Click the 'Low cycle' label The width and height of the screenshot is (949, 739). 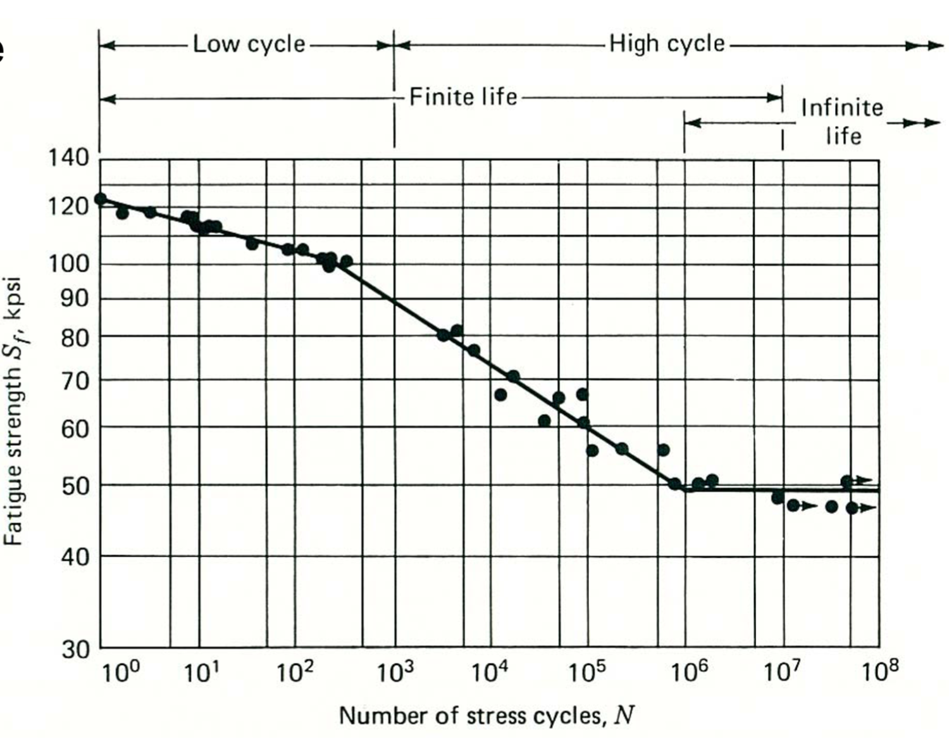[x=249, y=44]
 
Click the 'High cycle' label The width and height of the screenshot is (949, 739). [x=666, y=44]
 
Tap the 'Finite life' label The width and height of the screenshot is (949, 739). [x=463, y=97]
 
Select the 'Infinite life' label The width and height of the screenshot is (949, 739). [x=842, y=121]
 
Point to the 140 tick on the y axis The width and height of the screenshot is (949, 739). [x=69, y=158]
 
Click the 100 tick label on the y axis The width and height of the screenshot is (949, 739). [x=69, y=263]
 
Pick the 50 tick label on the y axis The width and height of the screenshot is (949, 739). [x=75, y=486]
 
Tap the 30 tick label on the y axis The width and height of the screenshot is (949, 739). [x=75, y=650]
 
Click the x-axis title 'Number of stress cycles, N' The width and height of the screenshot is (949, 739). [x=487, y=716]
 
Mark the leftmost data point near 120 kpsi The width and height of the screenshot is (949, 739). [x=101, y=199]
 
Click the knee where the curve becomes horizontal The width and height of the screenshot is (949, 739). [x=685, y=490]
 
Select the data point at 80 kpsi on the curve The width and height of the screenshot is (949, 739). [x=443, y=335]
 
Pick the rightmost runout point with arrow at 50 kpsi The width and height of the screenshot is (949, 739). [x=847, y=482]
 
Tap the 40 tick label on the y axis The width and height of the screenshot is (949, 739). [x=75, y=557]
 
